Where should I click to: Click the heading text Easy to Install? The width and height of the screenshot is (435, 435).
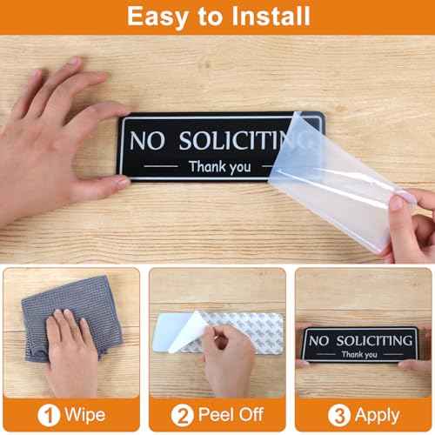217,16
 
